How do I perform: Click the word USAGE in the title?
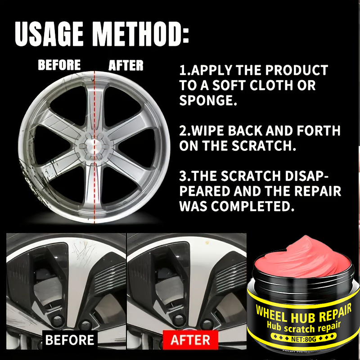click(49, 34)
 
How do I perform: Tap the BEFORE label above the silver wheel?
click(59, 65)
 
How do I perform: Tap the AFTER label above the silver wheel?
click(126, 65)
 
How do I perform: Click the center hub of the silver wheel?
click(94, 146)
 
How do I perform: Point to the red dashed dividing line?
click(94, 147)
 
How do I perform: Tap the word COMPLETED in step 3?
click(250, 206)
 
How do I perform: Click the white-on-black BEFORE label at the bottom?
click(70, 340)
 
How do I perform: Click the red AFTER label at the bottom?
click(190, 340)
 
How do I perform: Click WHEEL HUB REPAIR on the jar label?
click(303, 313)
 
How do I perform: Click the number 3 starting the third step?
click(183, 176)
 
